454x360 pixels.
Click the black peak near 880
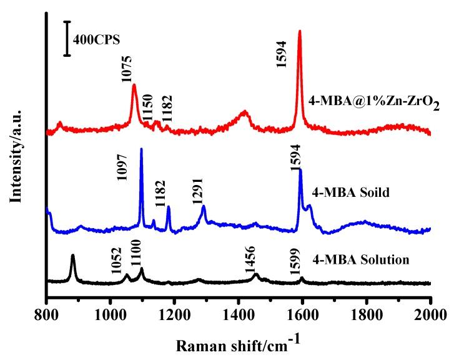tap(73, 257)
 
